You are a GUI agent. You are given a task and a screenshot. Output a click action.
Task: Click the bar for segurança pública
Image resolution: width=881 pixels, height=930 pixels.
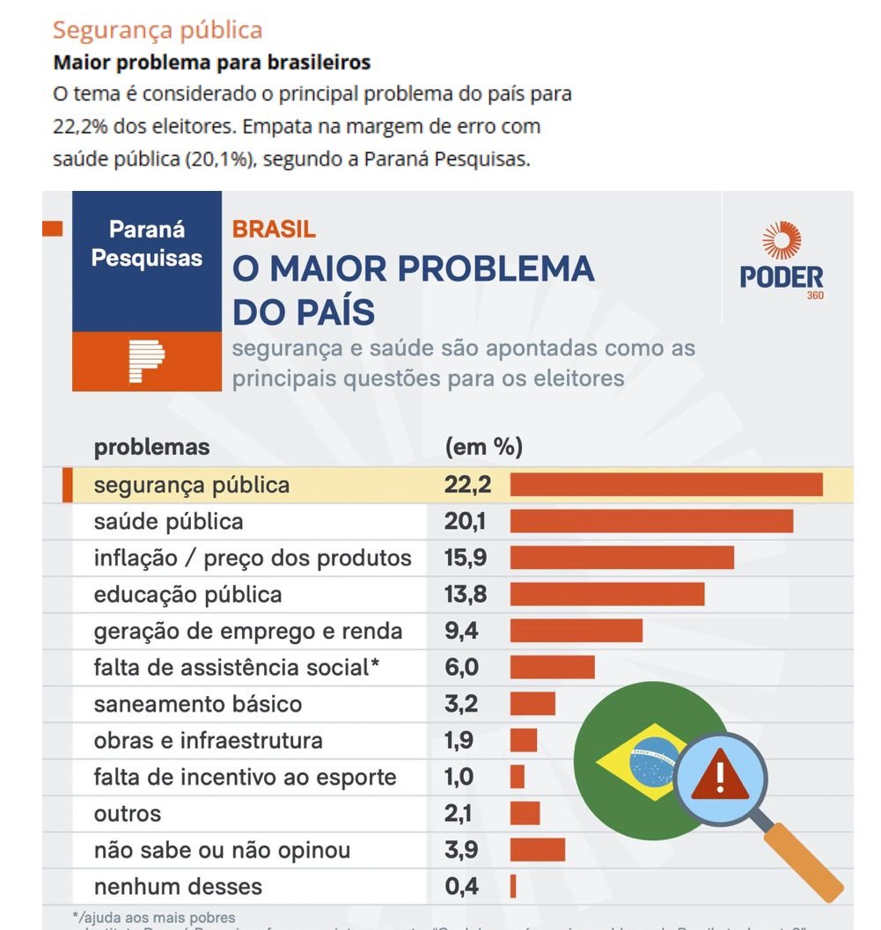coord(666,485)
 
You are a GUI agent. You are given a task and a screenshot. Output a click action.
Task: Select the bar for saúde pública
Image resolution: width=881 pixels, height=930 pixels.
coord(651,521)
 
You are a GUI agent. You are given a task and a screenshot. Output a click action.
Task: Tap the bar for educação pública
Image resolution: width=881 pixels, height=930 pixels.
coord(607,594)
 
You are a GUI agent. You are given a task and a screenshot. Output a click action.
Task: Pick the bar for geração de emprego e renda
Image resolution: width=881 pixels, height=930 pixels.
coord(576,631)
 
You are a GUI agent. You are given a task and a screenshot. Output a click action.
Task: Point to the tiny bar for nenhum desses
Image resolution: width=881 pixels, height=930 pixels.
coord(513,886)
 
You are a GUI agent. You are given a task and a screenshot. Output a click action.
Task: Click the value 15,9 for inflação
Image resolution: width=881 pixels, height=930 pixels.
coord(466,558)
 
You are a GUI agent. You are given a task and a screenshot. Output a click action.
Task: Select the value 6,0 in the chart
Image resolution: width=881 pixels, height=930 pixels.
coord(462,668)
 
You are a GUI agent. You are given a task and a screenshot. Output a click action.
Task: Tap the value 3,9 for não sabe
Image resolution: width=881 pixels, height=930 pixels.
coord(462,850)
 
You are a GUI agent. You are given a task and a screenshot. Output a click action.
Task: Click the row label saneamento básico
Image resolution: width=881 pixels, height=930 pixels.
coord(198,704)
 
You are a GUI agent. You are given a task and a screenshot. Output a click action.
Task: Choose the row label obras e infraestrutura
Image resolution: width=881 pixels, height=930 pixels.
coord(209,741)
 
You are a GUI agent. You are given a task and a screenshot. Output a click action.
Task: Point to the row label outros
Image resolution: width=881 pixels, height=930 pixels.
coord(128,814)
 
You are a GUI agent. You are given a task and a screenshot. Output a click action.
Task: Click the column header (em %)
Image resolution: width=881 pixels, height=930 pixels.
coord(484,447)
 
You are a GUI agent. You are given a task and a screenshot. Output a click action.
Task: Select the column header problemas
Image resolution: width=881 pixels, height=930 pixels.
coord(152,447)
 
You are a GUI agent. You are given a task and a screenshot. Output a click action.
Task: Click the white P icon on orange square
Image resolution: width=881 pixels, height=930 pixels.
coord(146,361)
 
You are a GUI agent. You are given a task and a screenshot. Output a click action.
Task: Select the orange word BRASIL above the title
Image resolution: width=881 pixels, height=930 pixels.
coord(274,230)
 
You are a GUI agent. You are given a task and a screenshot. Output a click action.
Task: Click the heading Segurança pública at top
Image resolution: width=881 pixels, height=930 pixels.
coord(158,30)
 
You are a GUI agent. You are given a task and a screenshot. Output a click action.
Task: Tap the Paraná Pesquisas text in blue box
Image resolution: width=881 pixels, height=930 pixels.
coord(147,244)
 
